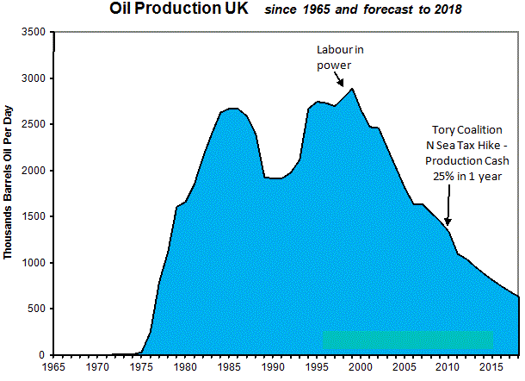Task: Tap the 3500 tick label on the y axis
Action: tap(34, 33)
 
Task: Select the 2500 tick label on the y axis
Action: tap(34, 125)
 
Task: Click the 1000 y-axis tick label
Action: tap(34, 263)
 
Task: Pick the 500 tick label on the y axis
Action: tap(37, 309)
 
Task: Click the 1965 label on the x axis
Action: tap(53, 367)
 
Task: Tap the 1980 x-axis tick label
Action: tap(186, 367)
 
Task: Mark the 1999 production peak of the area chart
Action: tap(353, 89)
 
